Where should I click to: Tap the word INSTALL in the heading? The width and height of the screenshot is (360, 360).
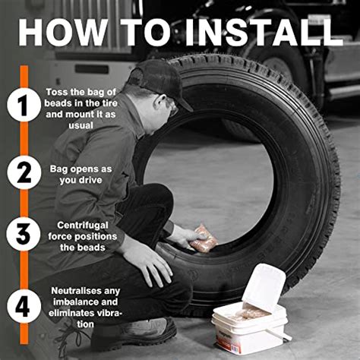[x=264, y=32]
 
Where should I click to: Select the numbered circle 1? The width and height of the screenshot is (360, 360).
[x=24, y=105]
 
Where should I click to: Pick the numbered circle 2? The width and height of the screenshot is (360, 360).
[x=24, y=172]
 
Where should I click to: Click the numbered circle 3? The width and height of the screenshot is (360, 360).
[x=24, y=234]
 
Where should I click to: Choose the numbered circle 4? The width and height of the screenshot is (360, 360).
[x=24, y=306]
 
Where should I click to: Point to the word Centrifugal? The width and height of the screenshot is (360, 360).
[x=83, y=226]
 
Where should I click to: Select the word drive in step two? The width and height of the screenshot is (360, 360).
[x=90, y=180]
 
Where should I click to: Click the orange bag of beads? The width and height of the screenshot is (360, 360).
[x=204, y=238]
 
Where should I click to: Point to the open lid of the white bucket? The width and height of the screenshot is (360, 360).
[x=264, y=286]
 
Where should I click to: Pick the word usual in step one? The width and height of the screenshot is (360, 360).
[x=81, y=125]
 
